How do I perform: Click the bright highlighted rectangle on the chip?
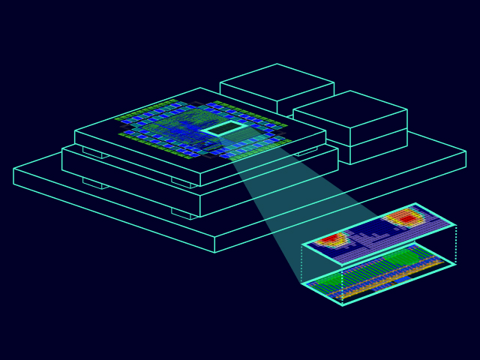pyautogui.click(x=224, y=129)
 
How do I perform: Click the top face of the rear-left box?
pyautogui.click(x=277, y=82)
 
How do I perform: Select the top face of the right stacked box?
pyautogui.click(x=350, y=109)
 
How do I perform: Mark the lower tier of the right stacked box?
pyautogui.click(x=378, y=147)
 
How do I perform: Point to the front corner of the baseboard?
pyautogui.click(x=215, y=252)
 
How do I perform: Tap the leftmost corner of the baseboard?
pyautogui.click(x=14, y=176)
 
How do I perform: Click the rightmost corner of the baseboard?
pyautogui.click(x=466, y=159)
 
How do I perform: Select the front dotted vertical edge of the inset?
pyautogui.click(x=343, y=285)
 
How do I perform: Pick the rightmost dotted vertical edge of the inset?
pyautogui.click(x=455, y=244)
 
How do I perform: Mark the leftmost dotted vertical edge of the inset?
pyautogui.click(x=302, y=264)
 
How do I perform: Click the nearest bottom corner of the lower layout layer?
pyautogui.click(x=343, y=304)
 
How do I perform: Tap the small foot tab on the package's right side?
pyautogui.click(x=307, y=151)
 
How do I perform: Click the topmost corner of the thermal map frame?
pyautogui.click(x=415, y=204)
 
